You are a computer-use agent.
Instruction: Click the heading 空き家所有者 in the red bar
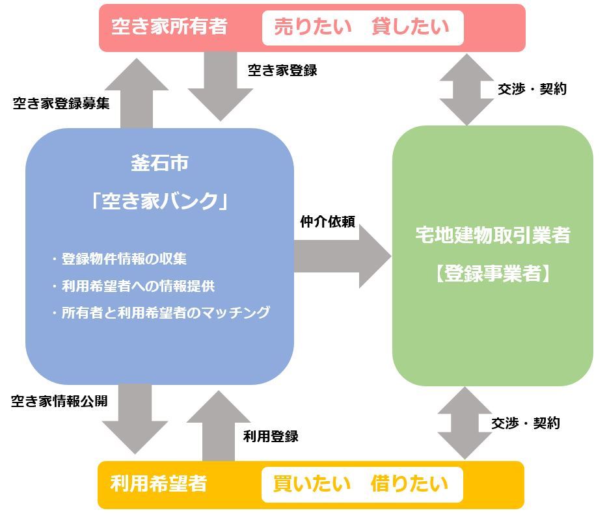tap(169, 27)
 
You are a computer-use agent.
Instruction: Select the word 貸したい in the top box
tap(410, 27)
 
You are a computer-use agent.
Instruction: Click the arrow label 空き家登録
tap(282, 70)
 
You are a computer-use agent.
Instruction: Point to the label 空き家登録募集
tap(61, 103)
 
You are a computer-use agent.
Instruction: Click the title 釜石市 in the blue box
tap(159, 163)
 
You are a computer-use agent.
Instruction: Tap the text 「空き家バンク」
tap(159, 201)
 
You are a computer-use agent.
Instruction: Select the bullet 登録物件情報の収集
tap(124, 259)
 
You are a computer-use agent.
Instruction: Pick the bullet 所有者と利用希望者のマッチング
tap(165, 313)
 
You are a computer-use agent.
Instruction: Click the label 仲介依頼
tap(327, 222)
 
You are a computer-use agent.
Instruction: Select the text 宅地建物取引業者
tap(492, 235)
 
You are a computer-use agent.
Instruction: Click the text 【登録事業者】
tap(492, 274)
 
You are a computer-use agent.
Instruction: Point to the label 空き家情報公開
tap(59, 401)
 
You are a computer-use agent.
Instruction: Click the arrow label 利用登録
tap(271, 436)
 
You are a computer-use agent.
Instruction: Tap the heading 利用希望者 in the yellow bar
tap(159, 484)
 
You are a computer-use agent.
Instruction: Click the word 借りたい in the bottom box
tap(409, 484)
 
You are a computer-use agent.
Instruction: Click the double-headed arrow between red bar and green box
tap(466, 89)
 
